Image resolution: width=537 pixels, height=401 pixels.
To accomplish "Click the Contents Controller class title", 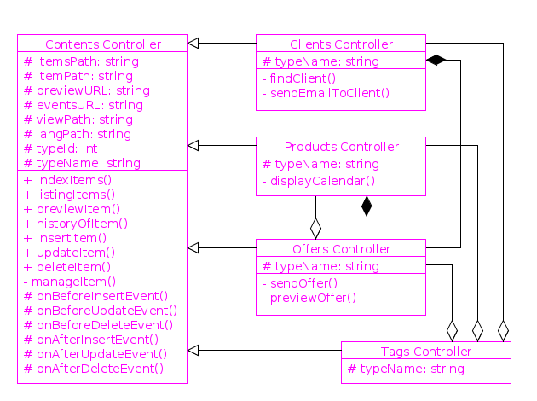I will pyautogui.click(x=102, y=44).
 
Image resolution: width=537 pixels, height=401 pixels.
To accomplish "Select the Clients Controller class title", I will pyautogui.click(x=341, y=44).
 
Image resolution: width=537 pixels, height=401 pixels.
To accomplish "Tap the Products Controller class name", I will pyautogui.click(x=341, y=147).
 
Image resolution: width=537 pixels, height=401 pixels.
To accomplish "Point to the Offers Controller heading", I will pyautogui.click(x=341, y=249).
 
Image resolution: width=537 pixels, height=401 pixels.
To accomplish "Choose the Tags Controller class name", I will pyautogui.click(x=425, y=352).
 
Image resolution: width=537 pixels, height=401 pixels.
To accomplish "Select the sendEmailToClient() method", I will pyautogui.click(x=325, y=93).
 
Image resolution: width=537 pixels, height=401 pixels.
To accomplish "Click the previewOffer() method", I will pyautogui.click(x=309, y=298).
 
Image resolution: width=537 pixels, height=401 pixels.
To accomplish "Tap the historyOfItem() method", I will pyautogui.click(x=76, y=224).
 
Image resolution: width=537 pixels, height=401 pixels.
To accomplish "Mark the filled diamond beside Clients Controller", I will pyautogui.click(x=436, y=60).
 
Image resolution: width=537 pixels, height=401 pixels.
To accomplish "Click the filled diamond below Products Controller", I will pyautogui.click(x=367, y=206).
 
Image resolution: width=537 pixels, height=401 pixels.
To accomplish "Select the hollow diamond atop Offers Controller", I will pyautogui.click(x=315, y=229).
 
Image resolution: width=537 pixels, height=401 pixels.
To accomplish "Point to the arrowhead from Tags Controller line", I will pyautogui.click(x=193, y=350).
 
